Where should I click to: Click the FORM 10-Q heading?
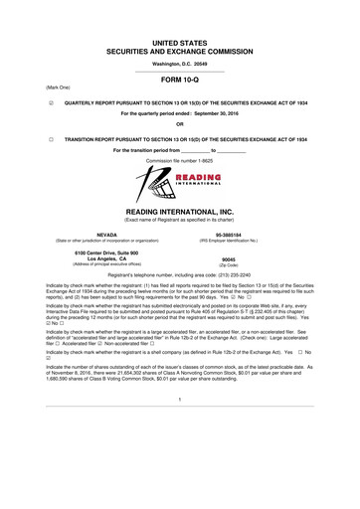click(x=179, y=83)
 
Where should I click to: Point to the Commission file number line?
click(x=180, y=158)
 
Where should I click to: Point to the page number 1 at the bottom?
click(x=180, y=427)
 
